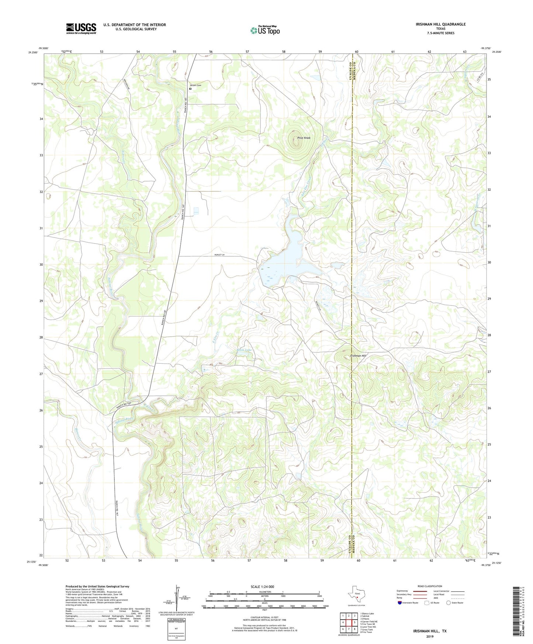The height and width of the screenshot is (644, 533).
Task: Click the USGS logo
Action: (x=81, y=28)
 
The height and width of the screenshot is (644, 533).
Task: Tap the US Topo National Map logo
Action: (x=265, y=30)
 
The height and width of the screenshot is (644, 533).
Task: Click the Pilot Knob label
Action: (x=304, y=138)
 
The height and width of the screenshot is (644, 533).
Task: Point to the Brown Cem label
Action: (x=196, y=85)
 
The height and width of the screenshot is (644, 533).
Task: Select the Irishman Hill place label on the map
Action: (x=358, y=356)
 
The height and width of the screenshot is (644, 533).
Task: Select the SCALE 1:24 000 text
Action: (x=262, y=587)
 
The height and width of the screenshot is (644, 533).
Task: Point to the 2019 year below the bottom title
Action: (x=430, y=636)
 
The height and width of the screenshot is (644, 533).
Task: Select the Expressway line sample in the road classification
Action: (x=420, y=591)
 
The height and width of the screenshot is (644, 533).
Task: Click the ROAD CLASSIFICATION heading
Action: (x=430, y=586)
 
